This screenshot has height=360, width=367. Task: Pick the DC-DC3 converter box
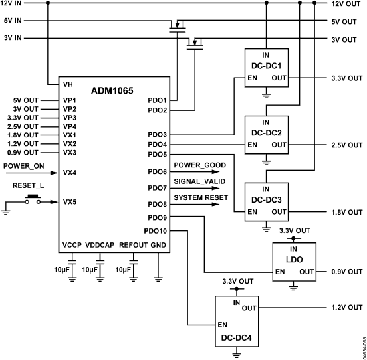[265, 202]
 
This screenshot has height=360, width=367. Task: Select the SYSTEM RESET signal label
[201, 197]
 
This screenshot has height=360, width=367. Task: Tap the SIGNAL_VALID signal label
[199, 181]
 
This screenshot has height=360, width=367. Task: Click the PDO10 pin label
[155, 231]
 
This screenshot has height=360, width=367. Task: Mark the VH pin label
[67, 84]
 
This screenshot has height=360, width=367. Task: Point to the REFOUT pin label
[134, 245]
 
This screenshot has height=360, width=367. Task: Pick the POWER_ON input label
[23, 165]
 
